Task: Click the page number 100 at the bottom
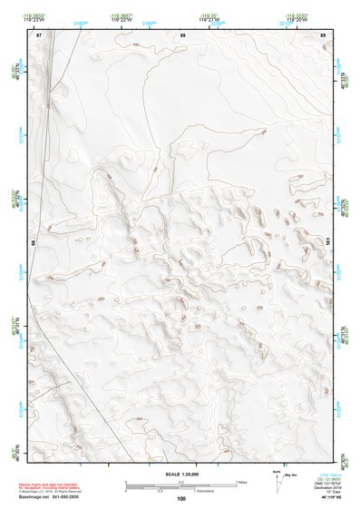[x=181, y=498]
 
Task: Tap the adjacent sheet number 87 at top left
[x=39, y=34]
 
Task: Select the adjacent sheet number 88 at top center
[x=183, y=34]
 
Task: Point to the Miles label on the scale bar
[x=241, y=482]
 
